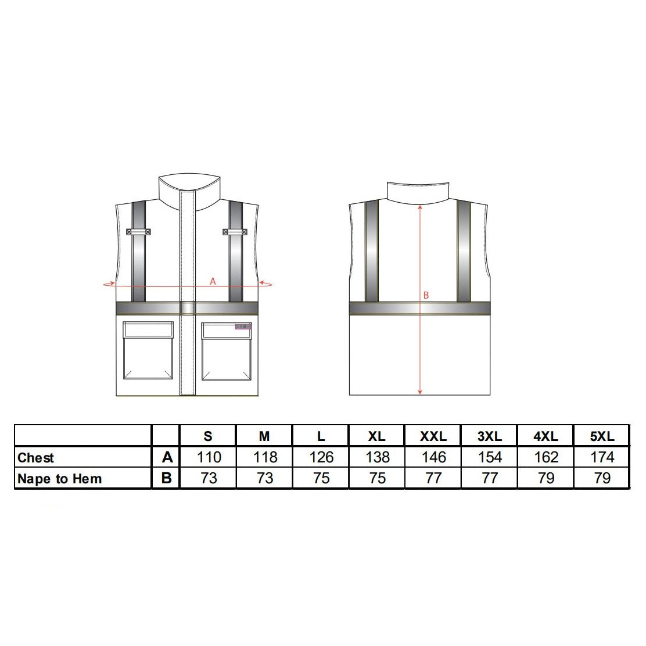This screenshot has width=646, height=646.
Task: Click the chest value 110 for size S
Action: click(x=209, y=457)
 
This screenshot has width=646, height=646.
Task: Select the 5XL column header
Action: click(x=602, y=436)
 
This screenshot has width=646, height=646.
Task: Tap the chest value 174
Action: click(x=602, y=457)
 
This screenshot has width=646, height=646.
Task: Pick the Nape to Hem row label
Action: click(x=60, y=479)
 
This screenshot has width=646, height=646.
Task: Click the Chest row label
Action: click(x=36, y=458)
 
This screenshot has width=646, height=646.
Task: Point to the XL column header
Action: click(x=377, y=436)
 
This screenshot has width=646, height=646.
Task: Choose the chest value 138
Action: click(x=378, y=457)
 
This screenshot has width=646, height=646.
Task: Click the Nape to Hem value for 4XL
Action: click(x=546, y=478)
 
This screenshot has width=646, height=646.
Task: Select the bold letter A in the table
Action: click(x=167, y=457)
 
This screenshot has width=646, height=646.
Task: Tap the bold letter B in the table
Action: click(x=167, y=478)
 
